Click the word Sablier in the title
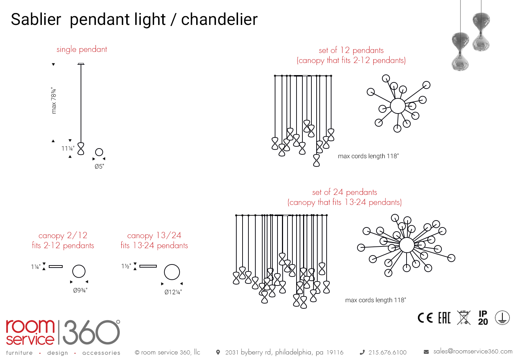coord(36,19)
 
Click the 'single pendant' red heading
coord(82,49)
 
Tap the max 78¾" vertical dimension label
coord(54,100)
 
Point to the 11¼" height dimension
coord(68,148)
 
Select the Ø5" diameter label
coord(99,166)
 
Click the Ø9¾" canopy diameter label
coord(80,290)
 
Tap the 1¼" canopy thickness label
coord(36,267)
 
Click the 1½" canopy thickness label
coord(126,266)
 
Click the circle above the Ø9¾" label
coord(79,271)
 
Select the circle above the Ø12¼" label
coord(172,272)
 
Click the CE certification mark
coord(425,318)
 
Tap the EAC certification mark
coord(444,318)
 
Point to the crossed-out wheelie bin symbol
coord(464,318)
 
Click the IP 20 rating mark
coord(483,318)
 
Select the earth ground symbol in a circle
coord(502,318)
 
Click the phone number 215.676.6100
coord(387,352)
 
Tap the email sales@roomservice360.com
coord(473,351)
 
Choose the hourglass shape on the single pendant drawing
coord(81,148)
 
